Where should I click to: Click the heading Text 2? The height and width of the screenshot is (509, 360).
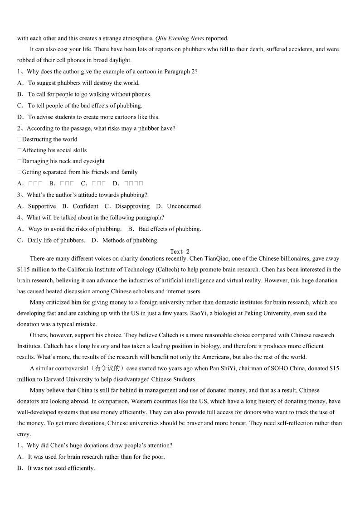pyautogui.click(x=180, y=252)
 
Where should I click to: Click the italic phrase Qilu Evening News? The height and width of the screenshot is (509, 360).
pyautogui.click(x=180, y=38)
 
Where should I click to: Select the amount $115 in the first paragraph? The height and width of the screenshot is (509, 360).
pyautogui.click(x=24, y=269)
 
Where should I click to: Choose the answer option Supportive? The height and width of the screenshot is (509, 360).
pyautogui.click(x=42, y=206)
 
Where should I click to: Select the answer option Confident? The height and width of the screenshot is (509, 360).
pyautogui.click(x=85, y=206)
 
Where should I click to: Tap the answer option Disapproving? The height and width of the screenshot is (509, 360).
pyautogui.click(x=132, y=206)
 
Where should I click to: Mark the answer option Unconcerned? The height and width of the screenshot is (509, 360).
pyautogui.click(x=184, y=206)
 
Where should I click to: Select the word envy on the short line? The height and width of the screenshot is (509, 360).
pyautogui.click(x=24, y=434)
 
